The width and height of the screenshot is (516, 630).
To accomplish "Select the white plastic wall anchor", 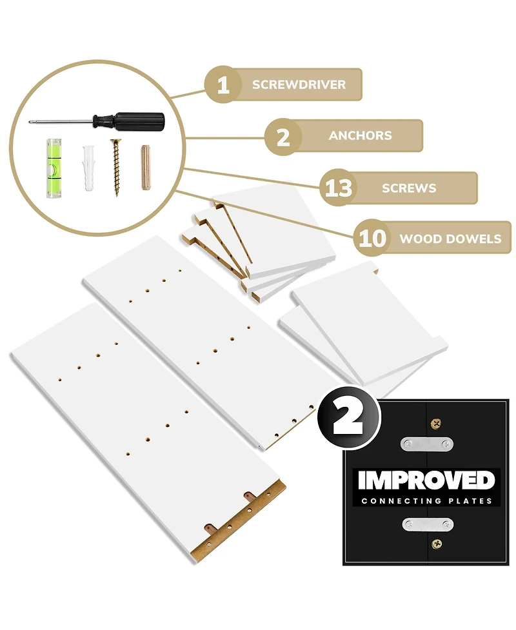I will point(90,167).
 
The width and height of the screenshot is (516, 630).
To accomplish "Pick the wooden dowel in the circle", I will point(146,167).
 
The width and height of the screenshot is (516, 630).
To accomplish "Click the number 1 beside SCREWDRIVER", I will point(223,85).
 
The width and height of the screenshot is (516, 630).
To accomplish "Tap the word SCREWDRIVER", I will point(299,85).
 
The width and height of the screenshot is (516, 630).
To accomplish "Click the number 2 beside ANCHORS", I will point(283,136).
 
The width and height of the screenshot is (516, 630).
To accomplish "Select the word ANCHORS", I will point(360,136).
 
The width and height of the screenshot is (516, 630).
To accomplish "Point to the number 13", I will point(339,188).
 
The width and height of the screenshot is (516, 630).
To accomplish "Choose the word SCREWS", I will point(409,188).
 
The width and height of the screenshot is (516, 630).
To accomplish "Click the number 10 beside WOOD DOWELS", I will point(372,239).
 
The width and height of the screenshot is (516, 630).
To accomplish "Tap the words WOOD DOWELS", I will point(450,239).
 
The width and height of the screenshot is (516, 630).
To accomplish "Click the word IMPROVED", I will point(427,480).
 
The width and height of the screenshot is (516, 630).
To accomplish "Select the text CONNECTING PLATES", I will point(427,501).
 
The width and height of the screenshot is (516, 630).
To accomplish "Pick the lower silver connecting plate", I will point(428,524).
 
